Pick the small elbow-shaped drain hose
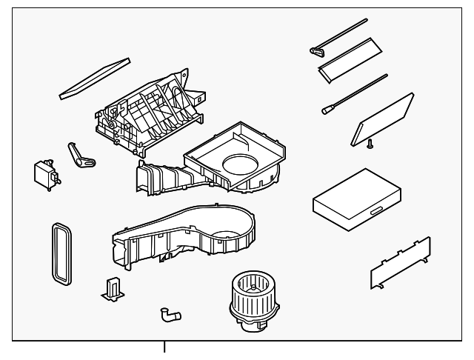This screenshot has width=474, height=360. click(x=168, y=315)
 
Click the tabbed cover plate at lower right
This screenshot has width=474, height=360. click(x=400, y=264)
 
